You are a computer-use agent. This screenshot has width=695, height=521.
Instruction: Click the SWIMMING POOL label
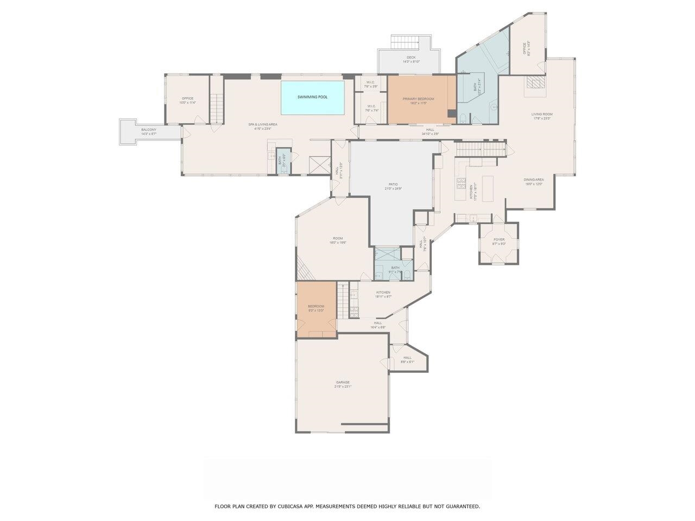click(x=312, y=97)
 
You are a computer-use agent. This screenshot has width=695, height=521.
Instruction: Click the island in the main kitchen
click(x=488, y=188)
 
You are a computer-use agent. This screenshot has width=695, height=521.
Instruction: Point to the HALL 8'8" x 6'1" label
click(x=407, y=359)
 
